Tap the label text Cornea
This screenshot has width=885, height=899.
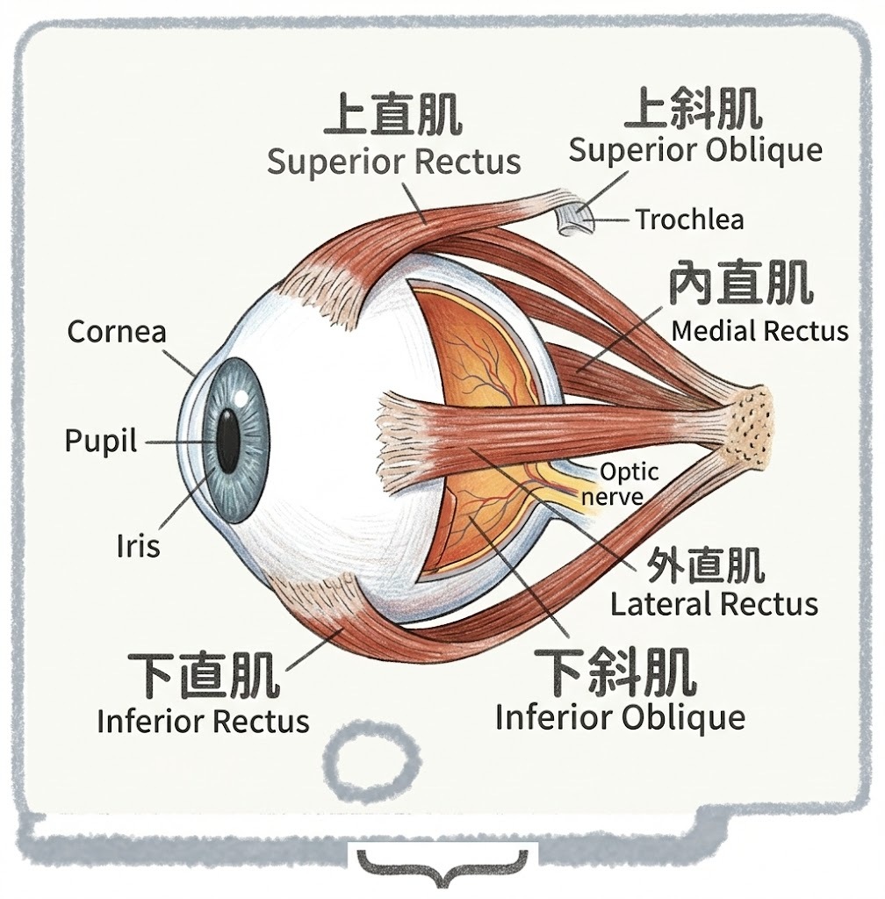point(117,332)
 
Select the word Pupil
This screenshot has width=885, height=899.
point(101,441)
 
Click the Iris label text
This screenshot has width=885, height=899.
point(139,546)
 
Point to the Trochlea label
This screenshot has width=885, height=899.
point(689,219)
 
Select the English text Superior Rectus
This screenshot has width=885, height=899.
point(393,162)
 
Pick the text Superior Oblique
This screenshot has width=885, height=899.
point(694,149)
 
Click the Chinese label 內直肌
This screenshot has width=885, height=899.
point(740,284)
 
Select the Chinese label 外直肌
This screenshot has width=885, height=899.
point(704,565)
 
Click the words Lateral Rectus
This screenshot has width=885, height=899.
point(714,604)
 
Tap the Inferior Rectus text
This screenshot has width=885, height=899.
point(203,721)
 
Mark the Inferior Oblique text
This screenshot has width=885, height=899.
point(620,717)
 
